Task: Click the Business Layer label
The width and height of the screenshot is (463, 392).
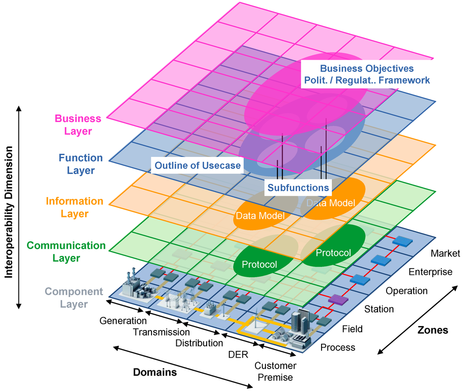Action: (x=78, y=125)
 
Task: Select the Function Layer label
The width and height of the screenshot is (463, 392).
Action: (x=81, y=164)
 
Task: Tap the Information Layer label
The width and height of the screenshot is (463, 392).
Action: (x=74, y=207)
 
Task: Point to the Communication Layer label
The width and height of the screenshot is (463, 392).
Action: (x=66, y=251)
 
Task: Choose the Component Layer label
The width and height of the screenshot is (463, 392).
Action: (x=74, y=298)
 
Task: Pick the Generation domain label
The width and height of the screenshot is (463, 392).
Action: (x=123, y=321)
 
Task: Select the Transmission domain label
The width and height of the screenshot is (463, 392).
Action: (x=161, y=332)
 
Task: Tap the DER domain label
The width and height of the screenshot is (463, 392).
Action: (x=238, y=354)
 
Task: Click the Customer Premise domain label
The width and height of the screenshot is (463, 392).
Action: (x=275, y=371)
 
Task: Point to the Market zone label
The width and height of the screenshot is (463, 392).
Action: (x=445, y=253)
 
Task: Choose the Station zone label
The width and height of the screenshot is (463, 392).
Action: (x=379, y=309)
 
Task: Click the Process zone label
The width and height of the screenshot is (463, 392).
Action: (x=338, y=347)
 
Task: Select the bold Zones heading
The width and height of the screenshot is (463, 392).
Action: (x=432, y=330)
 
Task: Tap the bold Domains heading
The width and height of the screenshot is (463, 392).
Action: (x=155, y=373)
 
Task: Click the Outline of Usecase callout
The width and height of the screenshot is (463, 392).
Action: (x=198, y=165)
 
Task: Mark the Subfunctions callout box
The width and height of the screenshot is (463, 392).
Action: (x=298, y=187)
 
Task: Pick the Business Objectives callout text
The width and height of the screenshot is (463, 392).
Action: (x=366, y=74)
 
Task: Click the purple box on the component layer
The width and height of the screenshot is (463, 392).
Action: (x=338, y=299)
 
